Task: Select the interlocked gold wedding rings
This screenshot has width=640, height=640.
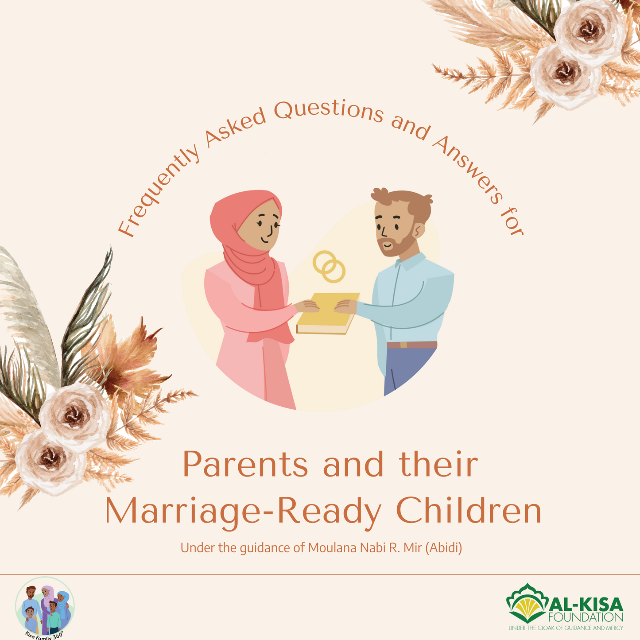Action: [329, 267]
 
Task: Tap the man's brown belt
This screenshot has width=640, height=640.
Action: [412, 345]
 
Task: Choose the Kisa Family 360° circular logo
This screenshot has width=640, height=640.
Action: [45, 607]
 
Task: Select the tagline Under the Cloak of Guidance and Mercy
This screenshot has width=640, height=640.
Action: [566, 628]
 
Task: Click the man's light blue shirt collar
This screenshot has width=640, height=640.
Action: [410, 263]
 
